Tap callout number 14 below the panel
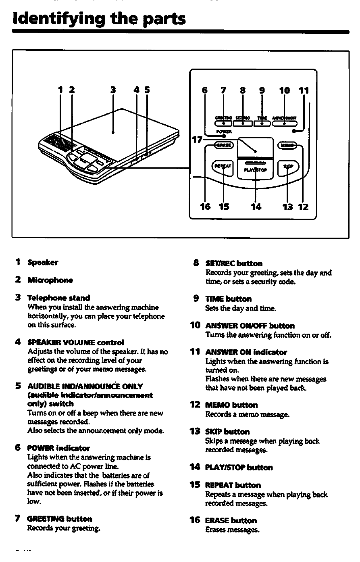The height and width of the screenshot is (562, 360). [256, 207]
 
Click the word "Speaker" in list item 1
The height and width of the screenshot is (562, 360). [43, 262]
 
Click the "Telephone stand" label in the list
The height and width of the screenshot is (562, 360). [58, 298]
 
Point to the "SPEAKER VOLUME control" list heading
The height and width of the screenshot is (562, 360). [75, 343]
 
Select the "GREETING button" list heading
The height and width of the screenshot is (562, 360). [60, 518]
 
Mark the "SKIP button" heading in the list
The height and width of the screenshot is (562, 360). [227, 432]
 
